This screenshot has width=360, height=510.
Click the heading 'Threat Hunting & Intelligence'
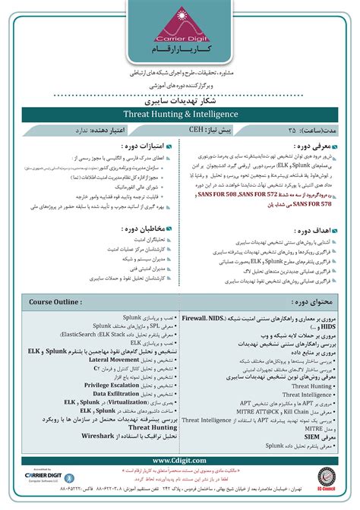pyautogui.click(x=180, y=114)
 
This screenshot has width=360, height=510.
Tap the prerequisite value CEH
pyautogui.click(x=196, y=130)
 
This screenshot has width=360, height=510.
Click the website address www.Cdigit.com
pyautogui.click(x=179, y=460)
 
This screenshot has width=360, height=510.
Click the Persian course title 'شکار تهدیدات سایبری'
pyautogui.click(x=180, y=99)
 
